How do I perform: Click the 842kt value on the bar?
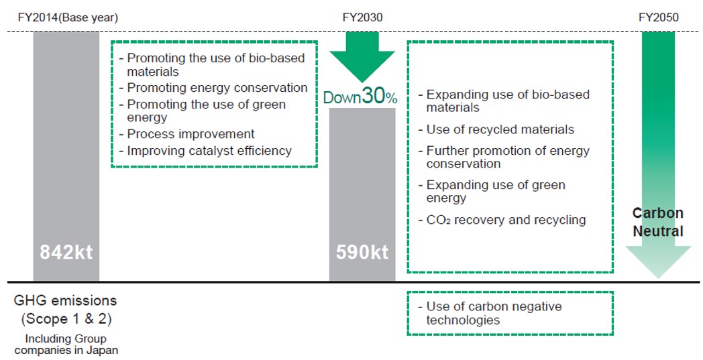click(x=66, y=253)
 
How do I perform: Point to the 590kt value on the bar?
click(x=362, y=253)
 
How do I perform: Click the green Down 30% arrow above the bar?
click(x=362, y=57)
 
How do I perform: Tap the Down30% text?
click(x=361, y=97)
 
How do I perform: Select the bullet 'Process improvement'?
click(x=191, y=134)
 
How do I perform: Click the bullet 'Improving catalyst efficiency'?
click(x=209, y=151)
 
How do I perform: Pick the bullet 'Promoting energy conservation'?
click(x=217, y=88)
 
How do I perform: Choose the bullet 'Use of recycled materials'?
click(x=500, y=129)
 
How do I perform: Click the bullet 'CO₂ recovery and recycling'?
click(x=506, y=220)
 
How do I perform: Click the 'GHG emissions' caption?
click(x=66, y=301)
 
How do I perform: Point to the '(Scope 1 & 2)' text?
click(x=66, y=318)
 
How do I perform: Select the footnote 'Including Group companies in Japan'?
click(x=66, y=344)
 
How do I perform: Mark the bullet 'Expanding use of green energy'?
click(x=495, y=191)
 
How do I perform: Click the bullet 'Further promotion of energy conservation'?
click(x=507, y=157)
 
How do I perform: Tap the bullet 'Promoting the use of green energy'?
click(x=205, y=111)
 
